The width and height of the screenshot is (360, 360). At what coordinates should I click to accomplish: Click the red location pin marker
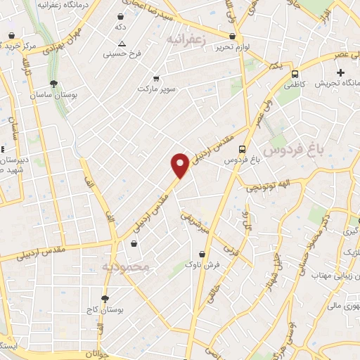pos(180,165)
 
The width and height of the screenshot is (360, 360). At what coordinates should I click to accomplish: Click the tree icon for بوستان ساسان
pos(53,82)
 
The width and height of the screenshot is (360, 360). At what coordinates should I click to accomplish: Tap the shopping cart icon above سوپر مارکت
pos(155,78)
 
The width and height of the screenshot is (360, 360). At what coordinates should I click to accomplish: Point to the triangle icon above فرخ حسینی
pos(122,43)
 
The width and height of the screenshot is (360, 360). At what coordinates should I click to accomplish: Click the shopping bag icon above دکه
pos(121,15)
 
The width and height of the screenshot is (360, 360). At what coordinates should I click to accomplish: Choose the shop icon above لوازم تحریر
pos(232,35)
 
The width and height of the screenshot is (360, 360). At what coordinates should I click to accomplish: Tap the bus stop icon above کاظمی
pos(294,73)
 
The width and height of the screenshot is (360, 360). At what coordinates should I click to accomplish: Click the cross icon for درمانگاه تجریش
pos(341,72)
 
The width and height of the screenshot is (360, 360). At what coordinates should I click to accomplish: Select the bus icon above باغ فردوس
pos(242,149)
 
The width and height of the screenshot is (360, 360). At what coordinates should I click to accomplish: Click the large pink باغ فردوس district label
pos(286,150)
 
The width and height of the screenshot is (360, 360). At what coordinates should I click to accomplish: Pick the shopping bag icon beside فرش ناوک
pos(202,254)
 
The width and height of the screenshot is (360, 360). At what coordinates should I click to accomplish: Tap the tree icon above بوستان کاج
pos(105,299)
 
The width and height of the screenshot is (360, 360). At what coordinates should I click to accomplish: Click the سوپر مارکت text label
pos(155,90)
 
